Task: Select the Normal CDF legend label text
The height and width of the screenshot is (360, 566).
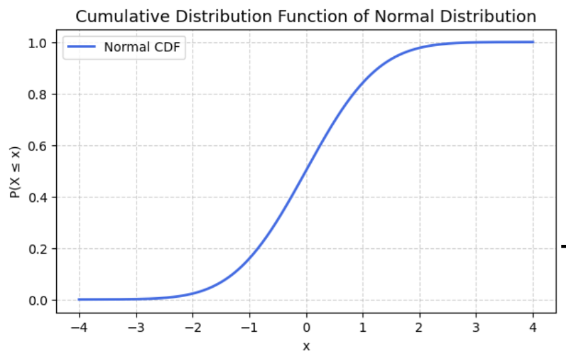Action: point(143,48)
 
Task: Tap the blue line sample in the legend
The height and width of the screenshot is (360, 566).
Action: point(83,48)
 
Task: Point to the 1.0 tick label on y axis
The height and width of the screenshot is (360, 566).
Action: point(39,43)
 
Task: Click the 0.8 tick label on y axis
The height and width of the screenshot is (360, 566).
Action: point(39,94)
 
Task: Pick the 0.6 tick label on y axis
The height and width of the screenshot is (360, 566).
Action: point(39,146)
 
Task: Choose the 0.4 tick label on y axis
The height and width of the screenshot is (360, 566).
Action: point(39,197)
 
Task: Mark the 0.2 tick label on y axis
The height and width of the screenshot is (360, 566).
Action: point(39,249)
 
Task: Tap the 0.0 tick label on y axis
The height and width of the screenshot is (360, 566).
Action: point(39,300)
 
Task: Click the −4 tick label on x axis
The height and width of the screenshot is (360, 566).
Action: point(76,328)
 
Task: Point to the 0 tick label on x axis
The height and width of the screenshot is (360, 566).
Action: point(306,328)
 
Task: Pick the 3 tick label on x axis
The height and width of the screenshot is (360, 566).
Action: point(477,328)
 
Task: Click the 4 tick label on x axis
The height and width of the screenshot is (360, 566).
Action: point(534,328)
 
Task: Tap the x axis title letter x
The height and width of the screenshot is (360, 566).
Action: point(306,346)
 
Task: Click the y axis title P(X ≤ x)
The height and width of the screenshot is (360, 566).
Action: point(15,171)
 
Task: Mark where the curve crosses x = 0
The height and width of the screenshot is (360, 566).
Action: point(306,171)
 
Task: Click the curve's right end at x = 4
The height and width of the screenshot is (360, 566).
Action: point(533,42)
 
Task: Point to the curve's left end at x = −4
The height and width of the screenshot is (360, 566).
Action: point(79,299)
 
